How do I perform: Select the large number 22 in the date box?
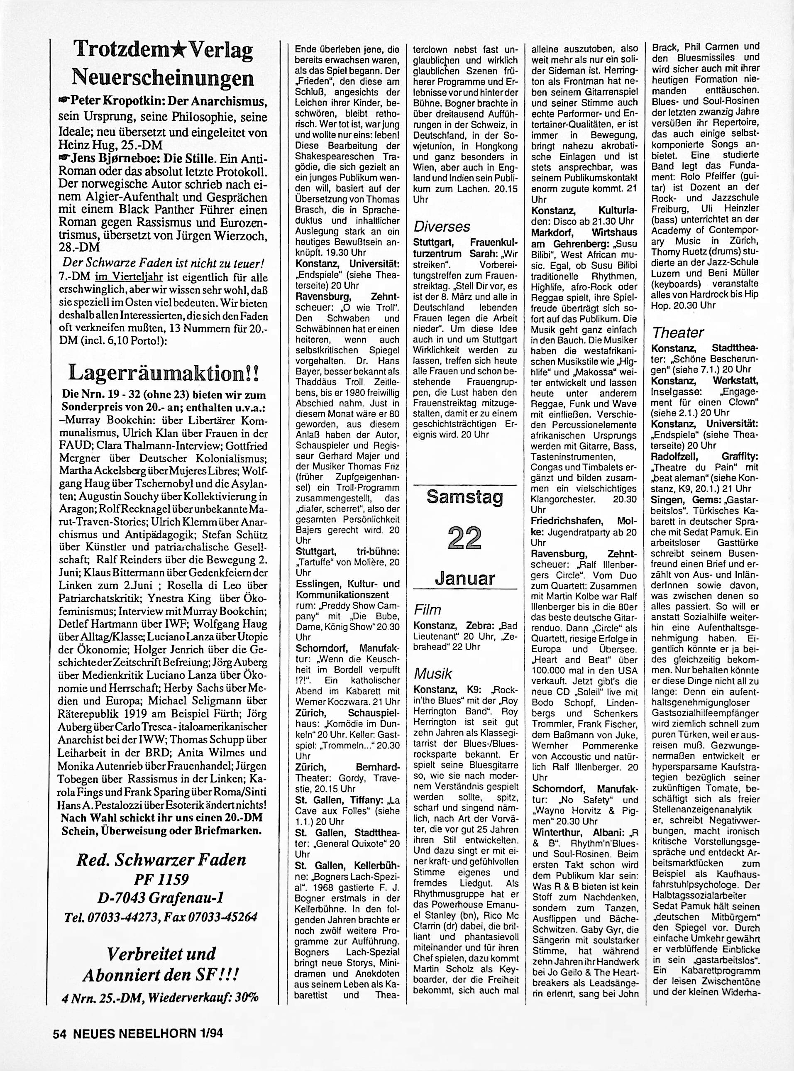coord(464,537)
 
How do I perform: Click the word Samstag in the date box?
coord(464,497)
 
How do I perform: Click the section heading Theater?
coord(678,332)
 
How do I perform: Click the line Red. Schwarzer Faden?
coord(161,859)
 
